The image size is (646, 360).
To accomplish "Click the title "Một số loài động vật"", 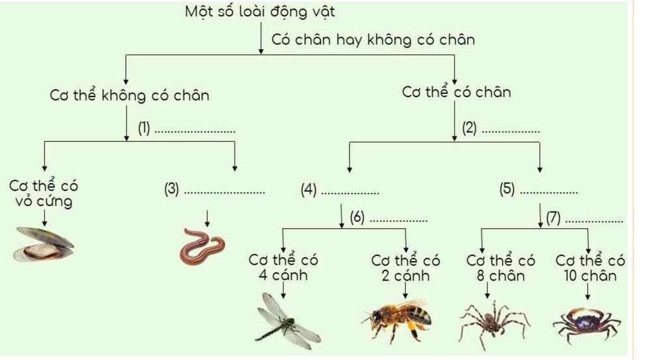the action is pos(259,11).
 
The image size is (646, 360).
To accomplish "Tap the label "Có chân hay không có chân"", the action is pos(373,40).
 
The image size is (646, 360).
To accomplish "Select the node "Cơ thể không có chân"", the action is pos(129,95).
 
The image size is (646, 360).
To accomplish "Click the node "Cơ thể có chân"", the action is pos(457,91).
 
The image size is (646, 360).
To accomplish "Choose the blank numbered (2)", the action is pos(501,128).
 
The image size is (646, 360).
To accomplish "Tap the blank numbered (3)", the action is pos(214,190).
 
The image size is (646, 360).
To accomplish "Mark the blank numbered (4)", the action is pos(340,190).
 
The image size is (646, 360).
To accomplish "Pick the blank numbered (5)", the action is pos(539,190).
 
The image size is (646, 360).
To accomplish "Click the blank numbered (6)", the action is pos(389,218).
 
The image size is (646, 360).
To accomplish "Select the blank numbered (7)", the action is pos(585,218).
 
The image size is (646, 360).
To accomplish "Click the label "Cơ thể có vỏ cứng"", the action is pos(44,193).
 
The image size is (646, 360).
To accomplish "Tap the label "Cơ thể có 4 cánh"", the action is pos(283,267).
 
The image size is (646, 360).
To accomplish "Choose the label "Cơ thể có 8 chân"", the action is pos(500,268).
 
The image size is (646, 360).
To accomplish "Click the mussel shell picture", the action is pos(44,244).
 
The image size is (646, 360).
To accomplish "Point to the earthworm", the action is pos(203,247).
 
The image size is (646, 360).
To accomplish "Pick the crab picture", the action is pos(587,324).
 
